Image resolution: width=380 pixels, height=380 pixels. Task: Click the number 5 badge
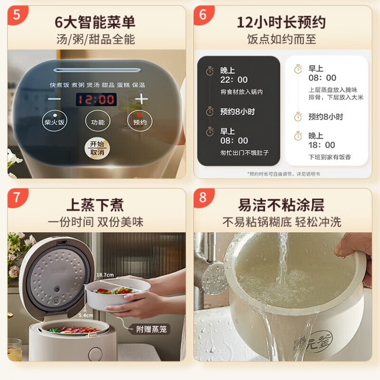coord(17,15)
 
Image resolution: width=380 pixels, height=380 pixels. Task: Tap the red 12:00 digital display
coord(96,99)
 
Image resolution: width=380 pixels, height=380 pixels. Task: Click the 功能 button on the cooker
coord(97,122)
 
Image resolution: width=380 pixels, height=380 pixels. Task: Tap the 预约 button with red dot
coord(139,122)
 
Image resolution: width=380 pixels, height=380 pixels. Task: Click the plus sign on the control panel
coord(142,99)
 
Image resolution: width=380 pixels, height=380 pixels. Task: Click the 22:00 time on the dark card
coord(234,80)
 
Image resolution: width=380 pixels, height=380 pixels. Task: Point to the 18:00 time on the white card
coord(322,145)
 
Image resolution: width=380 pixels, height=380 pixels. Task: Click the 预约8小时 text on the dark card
coord(237,112)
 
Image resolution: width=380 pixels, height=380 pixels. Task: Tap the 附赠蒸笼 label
coord(152,329)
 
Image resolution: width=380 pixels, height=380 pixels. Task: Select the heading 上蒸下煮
coord(95,205)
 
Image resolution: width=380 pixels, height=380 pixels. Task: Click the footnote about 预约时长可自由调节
coord(284,174)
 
